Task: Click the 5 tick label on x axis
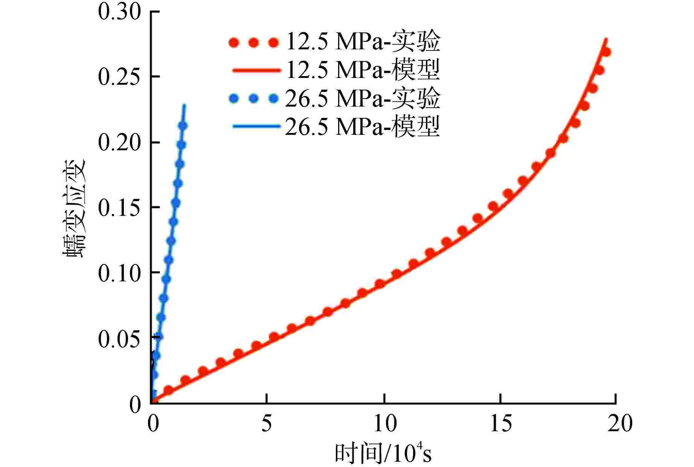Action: click(266, 424)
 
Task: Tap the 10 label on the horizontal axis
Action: click(385, 424)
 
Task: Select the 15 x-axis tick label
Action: click(501, 424)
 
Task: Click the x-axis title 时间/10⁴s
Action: click(383, 453)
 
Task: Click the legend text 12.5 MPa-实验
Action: click(363, 41)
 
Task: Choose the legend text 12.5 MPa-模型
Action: click(363, 70)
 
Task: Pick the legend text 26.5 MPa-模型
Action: click(363, 127)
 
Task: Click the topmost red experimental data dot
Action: click(606, 52)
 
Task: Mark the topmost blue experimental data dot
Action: click(183, 126)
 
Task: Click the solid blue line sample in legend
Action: click(256, 127)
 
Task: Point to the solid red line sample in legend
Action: click(256, 70)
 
